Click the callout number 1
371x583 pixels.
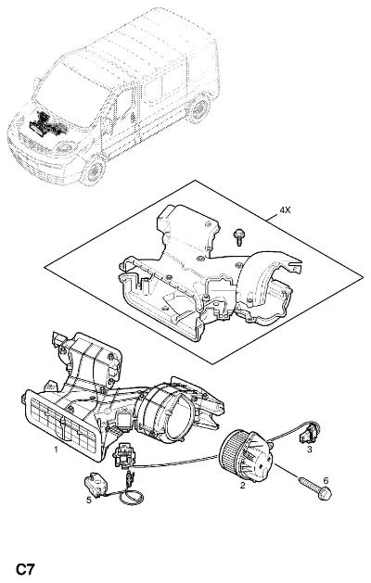tap(56, 450)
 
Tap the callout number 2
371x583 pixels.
tap(243, 485)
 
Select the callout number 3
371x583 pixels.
tap(309, 450)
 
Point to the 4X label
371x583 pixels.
tap(285, 210)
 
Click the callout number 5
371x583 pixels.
tap(88, 501)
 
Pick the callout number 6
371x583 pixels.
tap(326, 481)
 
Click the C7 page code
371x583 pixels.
tap(25, 570)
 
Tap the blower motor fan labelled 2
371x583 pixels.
tap(246, 455)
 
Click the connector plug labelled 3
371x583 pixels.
tap(310, 434)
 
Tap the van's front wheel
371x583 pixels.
tap(95, 170)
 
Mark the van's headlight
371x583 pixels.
tap(66, 147)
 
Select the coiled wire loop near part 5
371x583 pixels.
tap(132, 497)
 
